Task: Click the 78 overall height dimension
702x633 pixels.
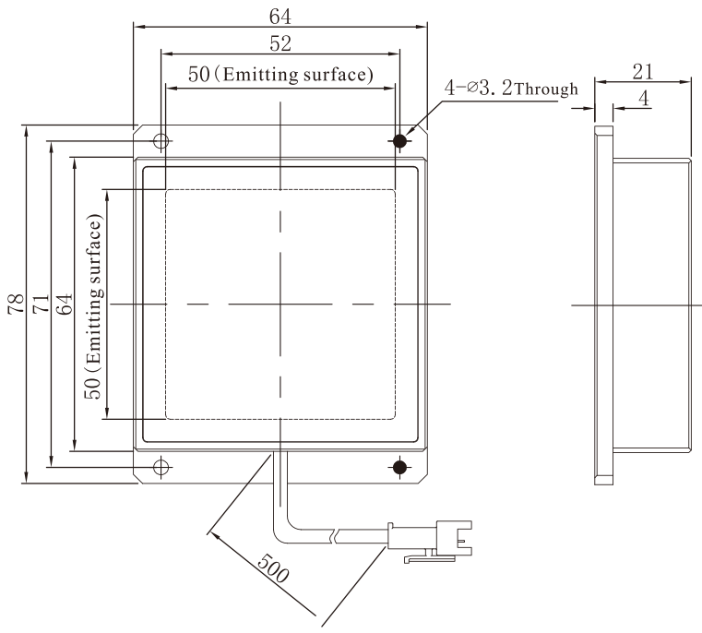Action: coord(16,304)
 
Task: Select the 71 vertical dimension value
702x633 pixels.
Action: coord(41,304)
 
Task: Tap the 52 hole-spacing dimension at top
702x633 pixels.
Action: coord(280,43)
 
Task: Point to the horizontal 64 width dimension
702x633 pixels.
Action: coord(280,17)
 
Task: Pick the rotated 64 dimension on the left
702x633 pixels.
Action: coord(65,304)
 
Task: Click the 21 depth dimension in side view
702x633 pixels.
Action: coord(643,72)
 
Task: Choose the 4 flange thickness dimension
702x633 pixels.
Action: coord(644,98)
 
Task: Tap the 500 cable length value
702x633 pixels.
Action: coord(274,567)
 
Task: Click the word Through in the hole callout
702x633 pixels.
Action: coord(546,90)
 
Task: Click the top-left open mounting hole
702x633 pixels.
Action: coord(161,141)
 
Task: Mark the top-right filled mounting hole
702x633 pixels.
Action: coord(399,141)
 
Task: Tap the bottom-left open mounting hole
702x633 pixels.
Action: coord(161,467)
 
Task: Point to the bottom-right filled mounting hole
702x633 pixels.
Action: coord(399,467)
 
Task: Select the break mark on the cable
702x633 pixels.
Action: coord(334,536)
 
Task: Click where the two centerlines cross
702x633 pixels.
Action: coord(280,305)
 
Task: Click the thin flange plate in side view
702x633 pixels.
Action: coord(603,305)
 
